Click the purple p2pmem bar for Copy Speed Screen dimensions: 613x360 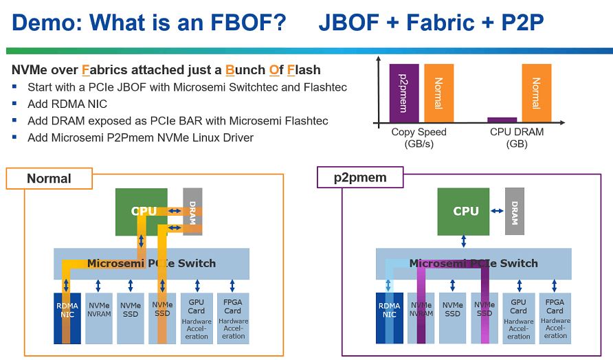[404, 93]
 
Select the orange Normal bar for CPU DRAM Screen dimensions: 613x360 [536, 93]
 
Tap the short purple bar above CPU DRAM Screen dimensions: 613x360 [502, 120]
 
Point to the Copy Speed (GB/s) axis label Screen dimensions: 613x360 [419, 137]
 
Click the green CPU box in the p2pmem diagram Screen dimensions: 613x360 [463, 212]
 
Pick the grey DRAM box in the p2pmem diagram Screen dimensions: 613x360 [515, 212]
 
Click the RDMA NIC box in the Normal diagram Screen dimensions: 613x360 [67, 318]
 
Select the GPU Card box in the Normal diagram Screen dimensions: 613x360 [197, 318]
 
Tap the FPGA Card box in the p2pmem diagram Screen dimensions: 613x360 [555, 318]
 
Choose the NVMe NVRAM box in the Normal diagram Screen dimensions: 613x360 [99, 318]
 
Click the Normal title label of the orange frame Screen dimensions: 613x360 [49, 179]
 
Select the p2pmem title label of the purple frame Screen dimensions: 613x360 [360, 177]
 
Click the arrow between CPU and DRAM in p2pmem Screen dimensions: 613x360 [498, 211]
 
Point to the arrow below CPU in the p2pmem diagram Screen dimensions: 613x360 [464, 241]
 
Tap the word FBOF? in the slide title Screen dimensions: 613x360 [248, 22]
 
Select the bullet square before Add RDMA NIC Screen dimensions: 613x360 [14, 103]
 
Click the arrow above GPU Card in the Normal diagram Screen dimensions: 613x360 [197, 286]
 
